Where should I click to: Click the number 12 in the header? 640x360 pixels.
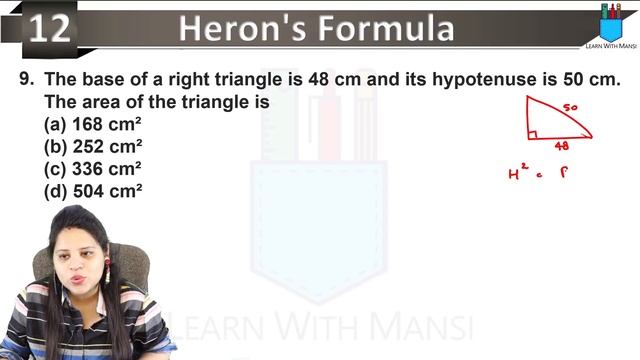(x=49, y=29)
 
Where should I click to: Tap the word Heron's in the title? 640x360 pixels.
(x=233, y=28)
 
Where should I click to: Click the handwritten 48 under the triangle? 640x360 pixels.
(x=562, y=146)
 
